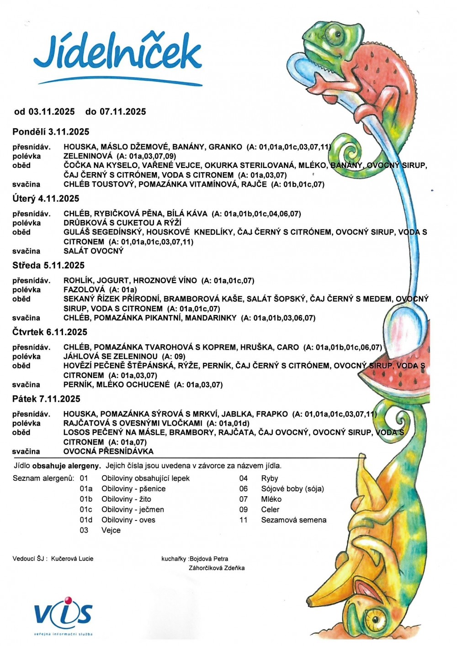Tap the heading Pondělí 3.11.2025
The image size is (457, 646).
[51, 132]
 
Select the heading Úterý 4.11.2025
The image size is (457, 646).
[46, 199]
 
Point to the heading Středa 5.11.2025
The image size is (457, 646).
[48, 265]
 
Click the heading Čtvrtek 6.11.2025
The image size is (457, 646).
[50, 332]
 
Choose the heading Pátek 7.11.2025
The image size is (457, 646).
[46, 399]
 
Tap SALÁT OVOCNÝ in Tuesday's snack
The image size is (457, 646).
[94, 251]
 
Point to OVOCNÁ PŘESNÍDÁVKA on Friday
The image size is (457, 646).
[108, 451]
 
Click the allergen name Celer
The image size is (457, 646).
[270, 509]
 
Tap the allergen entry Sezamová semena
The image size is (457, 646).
[293, 520]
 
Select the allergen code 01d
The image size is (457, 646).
[86, 520]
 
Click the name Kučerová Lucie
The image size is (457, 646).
[72, 558]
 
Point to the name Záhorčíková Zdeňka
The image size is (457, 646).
[217, 568]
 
